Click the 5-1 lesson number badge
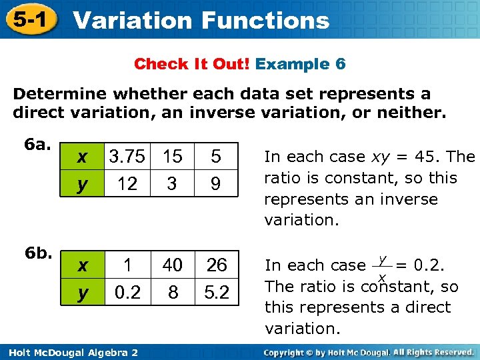(28, 19)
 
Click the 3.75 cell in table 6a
(127, 157)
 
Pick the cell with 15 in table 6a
(172, 157)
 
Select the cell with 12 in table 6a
(127, 183)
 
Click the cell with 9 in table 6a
(215, 183)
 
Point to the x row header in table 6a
(82, 157)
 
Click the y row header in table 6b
(82, 293)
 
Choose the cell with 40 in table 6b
(172, 265)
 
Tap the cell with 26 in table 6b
(216, 265)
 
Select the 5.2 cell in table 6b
(216, 293)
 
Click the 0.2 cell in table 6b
(127, 293)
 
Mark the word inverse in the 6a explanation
(409, 199)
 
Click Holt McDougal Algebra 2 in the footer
(70, 352)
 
